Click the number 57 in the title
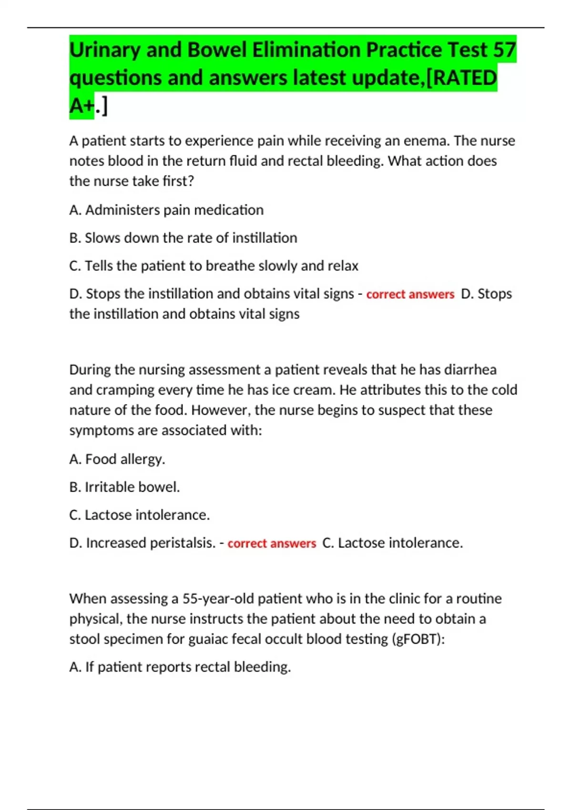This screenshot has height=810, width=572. click(504, 50)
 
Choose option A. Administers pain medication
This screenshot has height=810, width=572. click(166, 210)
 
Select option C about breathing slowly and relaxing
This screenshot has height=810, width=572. click(214, 266)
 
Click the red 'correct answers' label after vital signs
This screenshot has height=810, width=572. click(410, 294)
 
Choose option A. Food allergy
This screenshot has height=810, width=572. click(117, 459)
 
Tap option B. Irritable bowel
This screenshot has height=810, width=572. click(124, 487)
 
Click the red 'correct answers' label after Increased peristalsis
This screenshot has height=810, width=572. click(272, 544)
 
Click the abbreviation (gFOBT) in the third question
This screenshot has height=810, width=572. click(418, 639)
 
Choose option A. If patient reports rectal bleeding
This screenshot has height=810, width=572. click(180, 667)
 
